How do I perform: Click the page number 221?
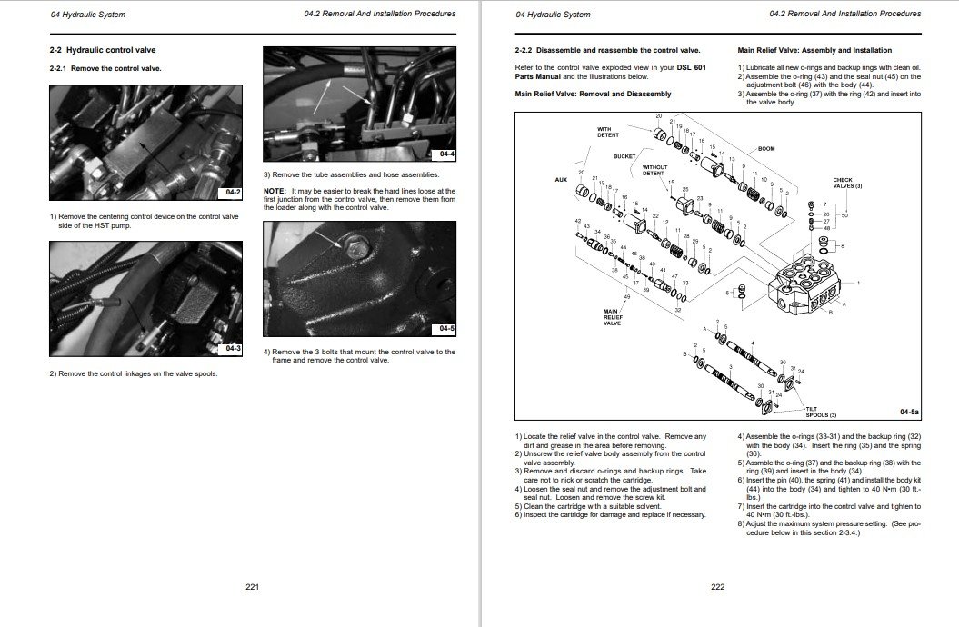pos(253,586)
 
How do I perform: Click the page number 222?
pos(717,586)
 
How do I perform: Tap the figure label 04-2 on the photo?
pos(232,193)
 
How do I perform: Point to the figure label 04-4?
pos(446,154)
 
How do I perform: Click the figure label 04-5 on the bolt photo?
pos(446,328)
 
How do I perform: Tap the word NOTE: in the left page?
pos(275,191)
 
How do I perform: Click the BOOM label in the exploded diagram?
pos(765,148)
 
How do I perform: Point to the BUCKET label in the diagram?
pos(624,156)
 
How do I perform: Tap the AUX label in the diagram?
pos(561,179)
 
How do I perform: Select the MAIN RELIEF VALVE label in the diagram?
pos(612,317)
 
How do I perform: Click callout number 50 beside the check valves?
pos(844,215)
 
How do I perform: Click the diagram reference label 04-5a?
pos(909,412)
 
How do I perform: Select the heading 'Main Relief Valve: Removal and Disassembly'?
pos(593,94)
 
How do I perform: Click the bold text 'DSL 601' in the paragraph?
pos(691,67)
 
